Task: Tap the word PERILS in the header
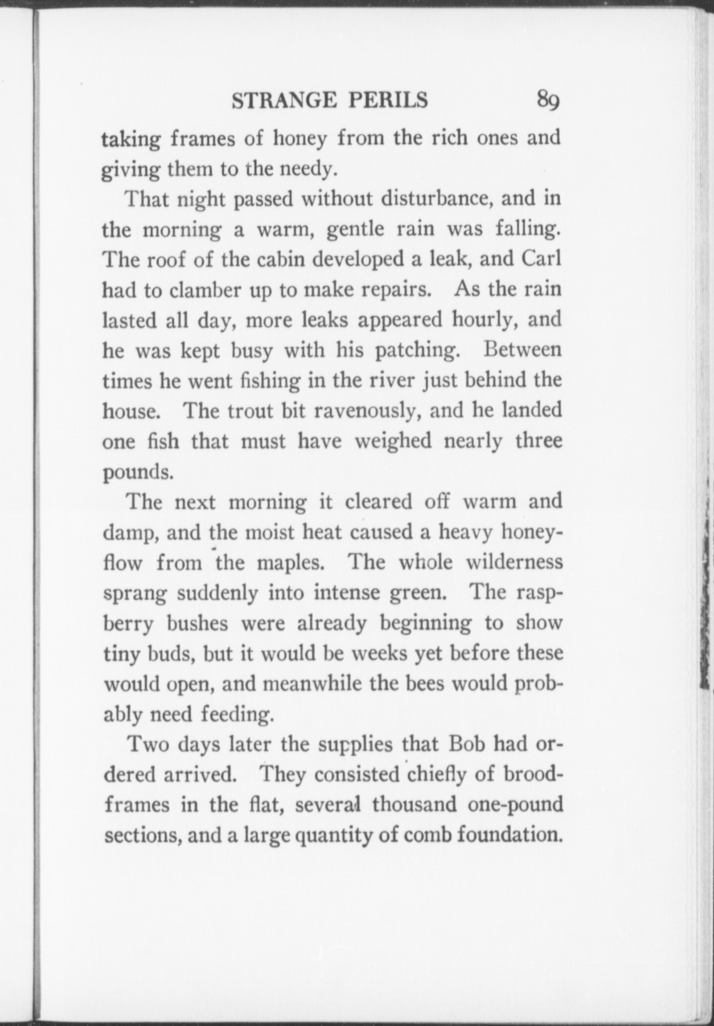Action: pos(389,101)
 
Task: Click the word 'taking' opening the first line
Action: pos(131,140)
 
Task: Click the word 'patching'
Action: pos(415,351)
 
